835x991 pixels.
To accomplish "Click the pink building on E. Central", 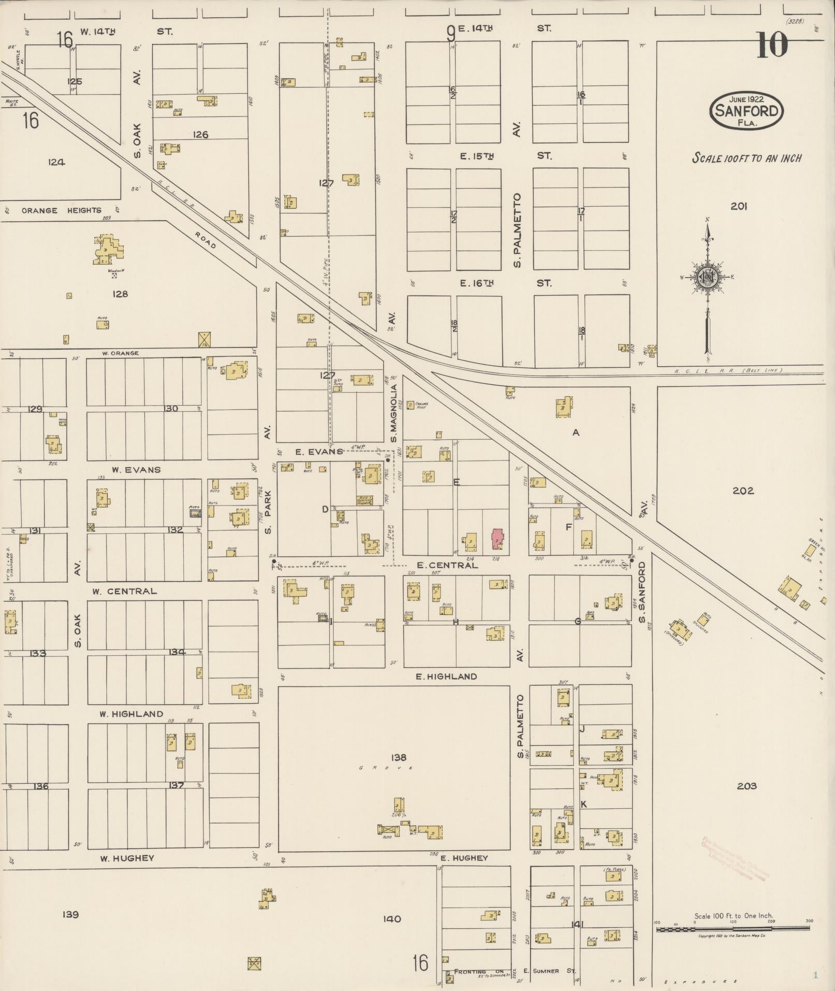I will [497, 539].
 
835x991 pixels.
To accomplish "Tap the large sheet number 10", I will [771, 45].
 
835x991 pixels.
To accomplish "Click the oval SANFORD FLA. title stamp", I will [746, 110].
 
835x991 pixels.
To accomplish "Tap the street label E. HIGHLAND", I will [446, 677].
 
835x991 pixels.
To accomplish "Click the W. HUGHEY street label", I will [127, 858].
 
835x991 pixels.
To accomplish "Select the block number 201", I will [739, 206].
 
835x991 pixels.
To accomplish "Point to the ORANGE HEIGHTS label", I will [62, 210].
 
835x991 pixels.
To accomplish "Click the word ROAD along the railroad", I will [206, 239].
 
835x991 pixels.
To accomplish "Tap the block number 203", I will [746, 786].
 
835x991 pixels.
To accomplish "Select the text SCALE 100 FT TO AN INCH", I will [746, 158].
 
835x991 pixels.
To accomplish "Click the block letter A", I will [575, 433].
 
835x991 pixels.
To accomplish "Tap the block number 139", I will [70, 928].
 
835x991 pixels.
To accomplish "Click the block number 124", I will [56, 162].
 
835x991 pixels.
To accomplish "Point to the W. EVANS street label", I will [136, 470].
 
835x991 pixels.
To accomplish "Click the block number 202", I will [743, 490].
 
